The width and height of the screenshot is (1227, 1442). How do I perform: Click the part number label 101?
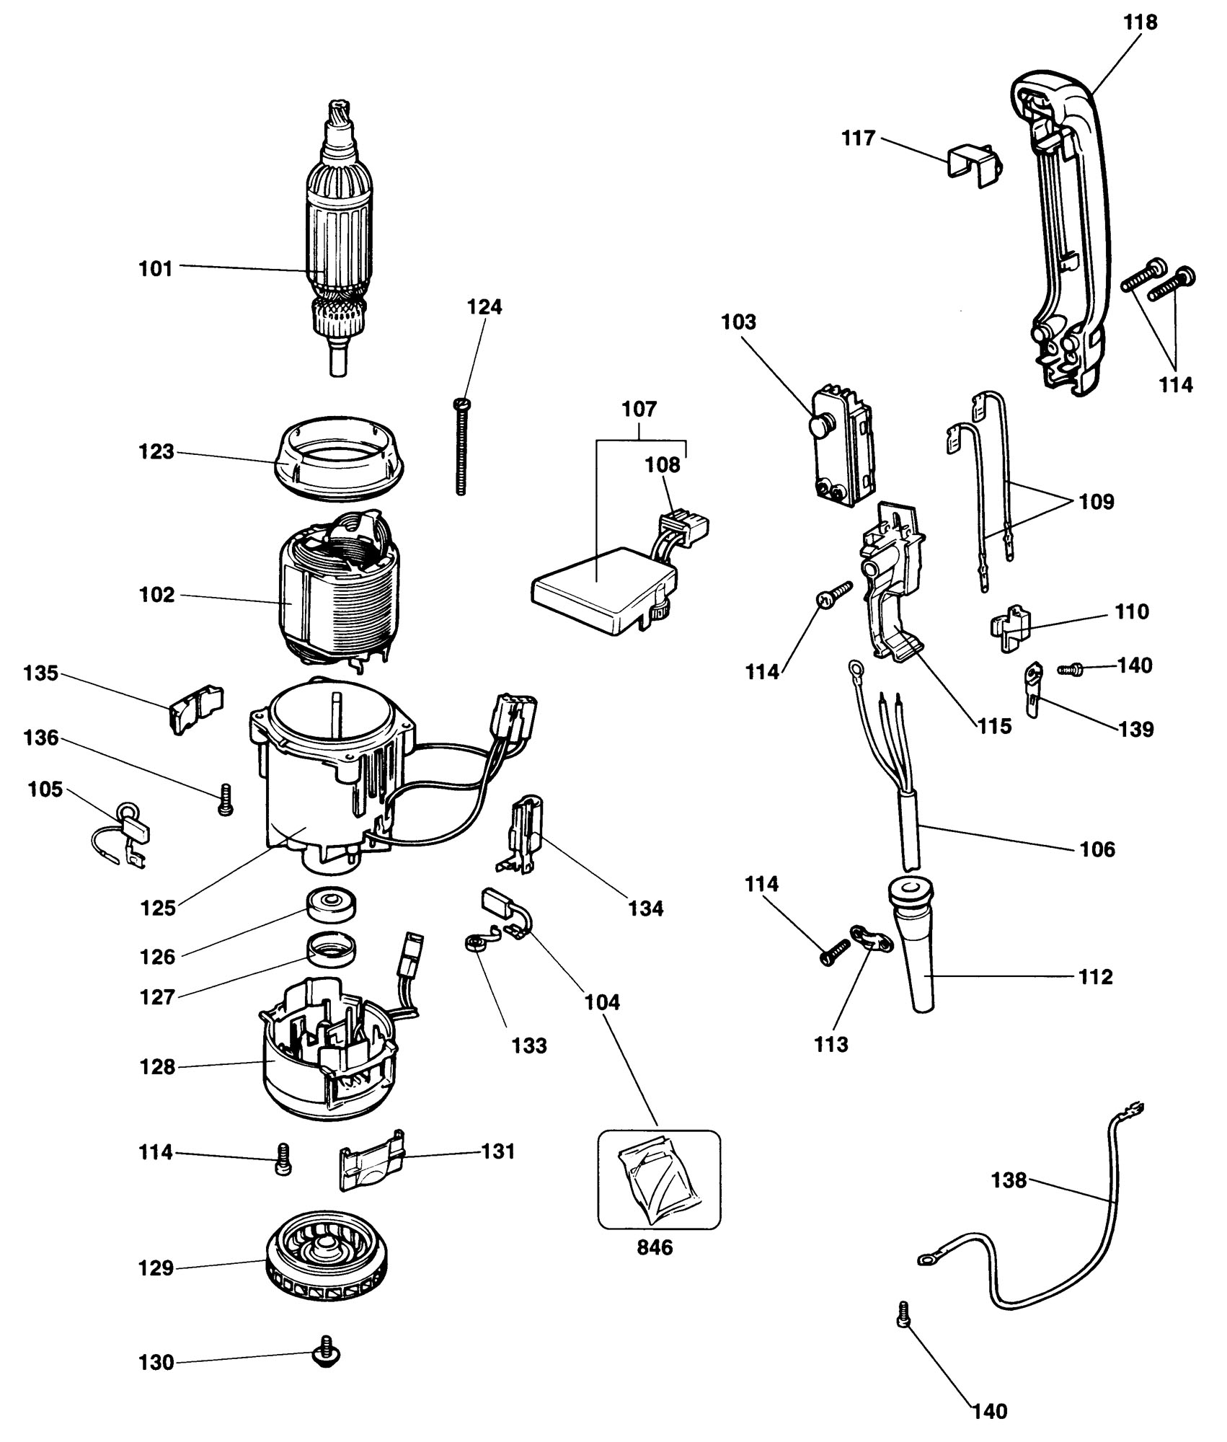pos(155,269)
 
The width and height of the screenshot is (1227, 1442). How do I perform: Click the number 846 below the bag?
pos(655,1248)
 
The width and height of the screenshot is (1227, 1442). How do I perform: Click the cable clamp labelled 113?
pos(865,938)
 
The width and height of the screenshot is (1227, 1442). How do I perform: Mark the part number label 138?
pos(1009,1180)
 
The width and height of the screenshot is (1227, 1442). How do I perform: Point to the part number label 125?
pos(159,908)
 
